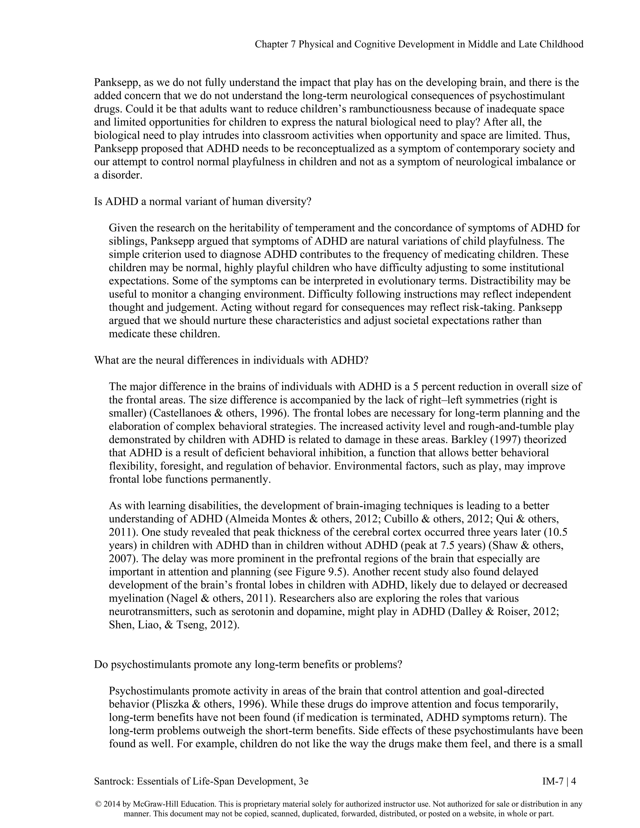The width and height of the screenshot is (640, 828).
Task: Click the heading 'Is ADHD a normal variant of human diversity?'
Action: (x=202, y=201)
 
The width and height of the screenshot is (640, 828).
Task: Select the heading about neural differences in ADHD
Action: (x=231, y=360)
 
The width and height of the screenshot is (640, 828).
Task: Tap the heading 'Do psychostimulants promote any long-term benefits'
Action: (x=247, y=665)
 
